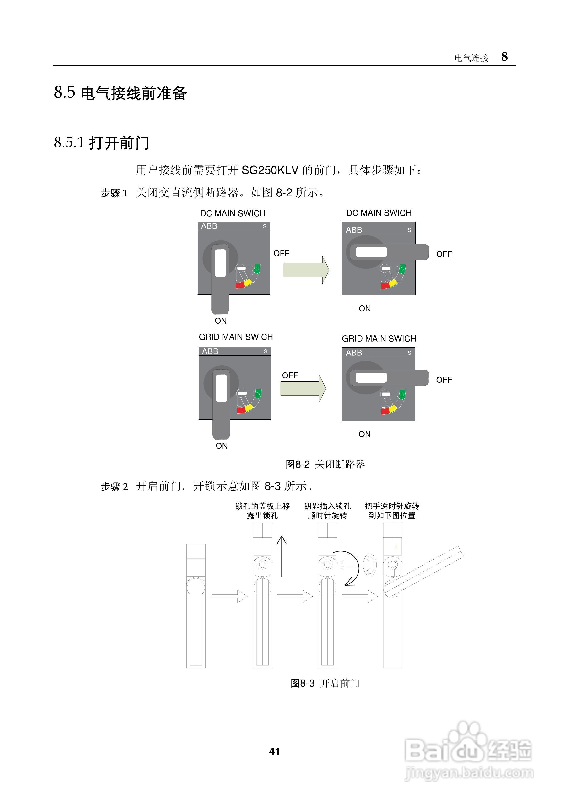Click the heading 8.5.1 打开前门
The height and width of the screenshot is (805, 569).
click(102, 143)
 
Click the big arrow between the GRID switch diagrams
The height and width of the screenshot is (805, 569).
click(303, 388)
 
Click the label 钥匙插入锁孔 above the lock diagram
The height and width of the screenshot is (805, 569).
click(327, 506)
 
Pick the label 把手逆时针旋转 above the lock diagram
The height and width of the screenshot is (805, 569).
click(392, 506)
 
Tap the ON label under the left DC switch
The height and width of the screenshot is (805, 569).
click(221, 321)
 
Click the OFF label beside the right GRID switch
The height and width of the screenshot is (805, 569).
click(444, 380)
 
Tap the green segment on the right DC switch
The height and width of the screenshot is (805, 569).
click(402, 269)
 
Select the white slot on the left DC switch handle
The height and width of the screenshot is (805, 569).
click(220, 263)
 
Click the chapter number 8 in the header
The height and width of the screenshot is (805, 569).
click(504, 57)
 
